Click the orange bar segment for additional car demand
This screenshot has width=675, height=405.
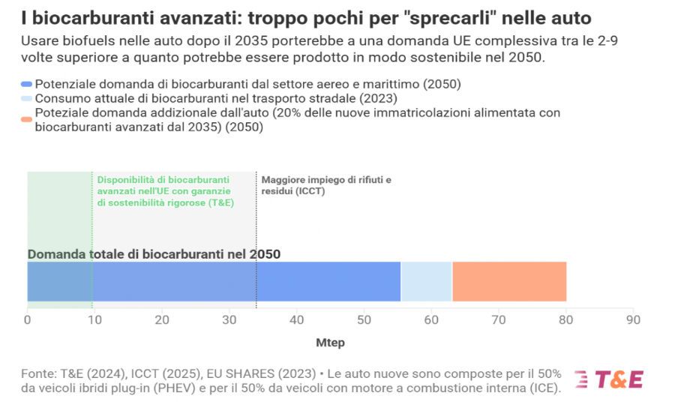[x=509, y=281]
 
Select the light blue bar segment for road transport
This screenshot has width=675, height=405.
[x=427, y=281]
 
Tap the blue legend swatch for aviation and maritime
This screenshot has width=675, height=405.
[x=27, y=85]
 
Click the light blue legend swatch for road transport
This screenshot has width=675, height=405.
[x=27, y=98]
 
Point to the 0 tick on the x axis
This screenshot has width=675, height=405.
[x=28, y=319]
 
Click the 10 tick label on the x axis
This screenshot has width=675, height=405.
[x=94, y=319]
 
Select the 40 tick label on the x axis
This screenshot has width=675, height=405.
[x=296, y=319]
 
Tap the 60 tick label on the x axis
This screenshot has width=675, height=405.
[x=431, y=319]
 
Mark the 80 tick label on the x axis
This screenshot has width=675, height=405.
[x=565, y=319]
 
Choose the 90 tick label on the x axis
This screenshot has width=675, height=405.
[x=633, y=319]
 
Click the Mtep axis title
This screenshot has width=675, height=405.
[x=330, y=343]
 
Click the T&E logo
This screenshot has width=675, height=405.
[x=609, y=379]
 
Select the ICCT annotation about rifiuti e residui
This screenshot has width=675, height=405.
[x=325, y=185]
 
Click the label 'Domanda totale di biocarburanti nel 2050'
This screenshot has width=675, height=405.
[x=154, y=254]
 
